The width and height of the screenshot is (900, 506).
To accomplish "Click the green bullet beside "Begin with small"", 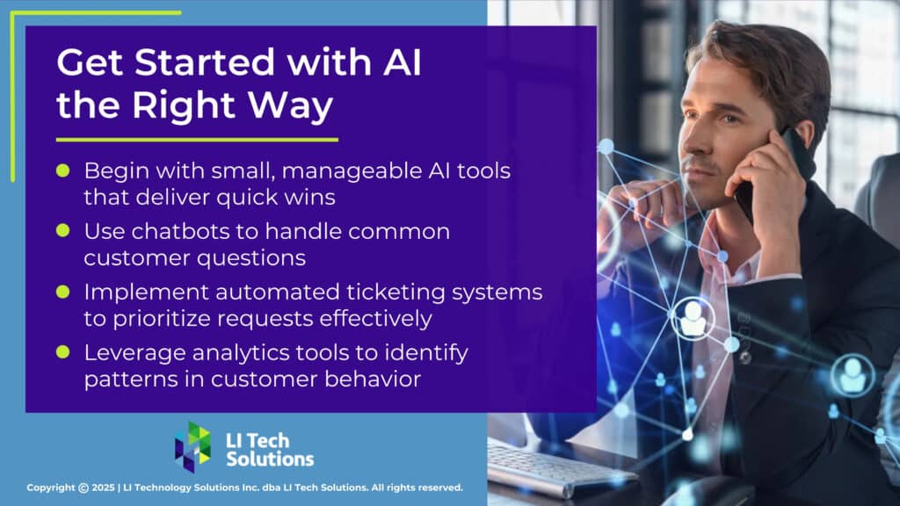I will tap(62, 169).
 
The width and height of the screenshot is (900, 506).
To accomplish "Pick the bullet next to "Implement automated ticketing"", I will tap(62, 290).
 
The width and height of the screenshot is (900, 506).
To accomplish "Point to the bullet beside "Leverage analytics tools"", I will tap(62, 351).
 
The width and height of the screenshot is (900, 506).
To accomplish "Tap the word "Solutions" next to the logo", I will tap(270, 459).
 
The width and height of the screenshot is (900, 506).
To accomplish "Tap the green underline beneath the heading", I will tap(197, 140).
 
